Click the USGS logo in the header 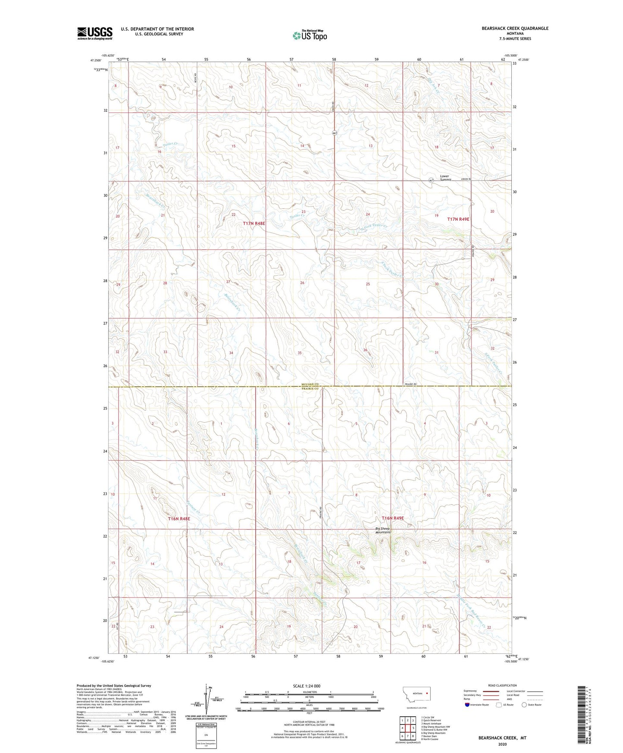coord(95,33)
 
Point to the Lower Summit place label coord(445,178)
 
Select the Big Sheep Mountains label coord(382,530)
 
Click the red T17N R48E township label coord(254,223)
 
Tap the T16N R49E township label coord(392,518)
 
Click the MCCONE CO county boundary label coord(310,384)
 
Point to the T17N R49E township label coord(458,219)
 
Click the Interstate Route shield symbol coord(467,705)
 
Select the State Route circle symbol coord(524,705)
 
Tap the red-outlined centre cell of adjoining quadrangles coord(407,728)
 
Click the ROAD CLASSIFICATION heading coord(502,685)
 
